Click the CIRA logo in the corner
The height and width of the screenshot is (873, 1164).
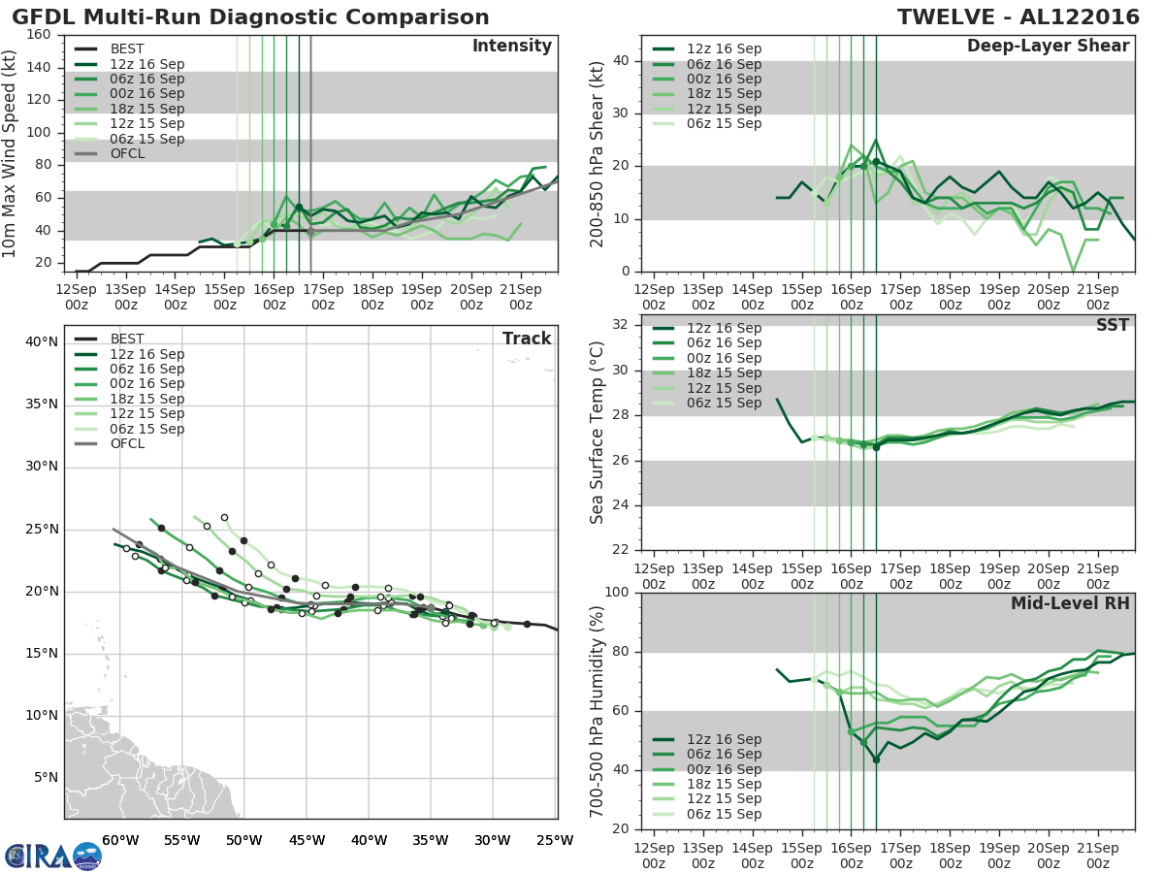click(x=53, y=856)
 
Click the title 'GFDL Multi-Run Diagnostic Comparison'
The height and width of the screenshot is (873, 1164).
click(x=250, y=17)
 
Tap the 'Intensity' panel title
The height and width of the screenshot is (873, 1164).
click(x=511, y=47)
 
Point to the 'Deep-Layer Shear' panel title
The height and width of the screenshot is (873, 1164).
click(x=1048, y=47)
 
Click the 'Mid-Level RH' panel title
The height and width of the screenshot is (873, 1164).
click(x=1070, y=604)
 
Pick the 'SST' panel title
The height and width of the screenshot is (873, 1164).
click(x=1113, y=325)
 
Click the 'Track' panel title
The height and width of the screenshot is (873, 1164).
click(x=527, y=339)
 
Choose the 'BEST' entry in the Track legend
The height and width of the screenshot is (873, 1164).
click(x=128, y=339)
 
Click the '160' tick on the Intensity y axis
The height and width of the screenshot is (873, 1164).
click(x=40, y=35)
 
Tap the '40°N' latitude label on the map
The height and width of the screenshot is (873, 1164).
click(x=42, y=341)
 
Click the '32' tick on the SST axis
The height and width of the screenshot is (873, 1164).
click(x=623, y=325)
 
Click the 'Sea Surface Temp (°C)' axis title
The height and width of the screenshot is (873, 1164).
click(x=598, y=433)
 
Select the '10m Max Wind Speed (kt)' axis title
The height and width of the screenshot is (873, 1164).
click(x=11, y=153)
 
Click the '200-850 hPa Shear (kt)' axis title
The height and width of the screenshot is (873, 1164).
click(x=598, y=153)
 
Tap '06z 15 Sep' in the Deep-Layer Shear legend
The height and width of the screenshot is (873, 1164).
click(x=724, y=123)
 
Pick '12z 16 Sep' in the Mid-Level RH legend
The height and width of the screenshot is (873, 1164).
click(x=724, y=739)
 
